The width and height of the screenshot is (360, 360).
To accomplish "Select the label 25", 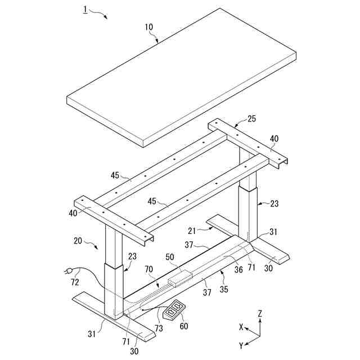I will [251, 118].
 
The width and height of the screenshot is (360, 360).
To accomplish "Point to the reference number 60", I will [183, 326].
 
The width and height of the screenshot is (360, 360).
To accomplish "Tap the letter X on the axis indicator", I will [241, 327].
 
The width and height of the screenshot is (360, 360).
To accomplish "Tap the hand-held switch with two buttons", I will [174, 308].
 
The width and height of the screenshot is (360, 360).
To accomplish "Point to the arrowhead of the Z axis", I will [259, 321].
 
